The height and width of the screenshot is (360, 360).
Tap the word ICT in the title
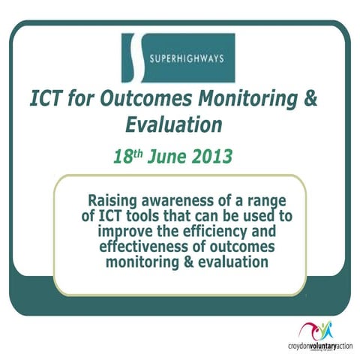(x=46, y=99)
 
